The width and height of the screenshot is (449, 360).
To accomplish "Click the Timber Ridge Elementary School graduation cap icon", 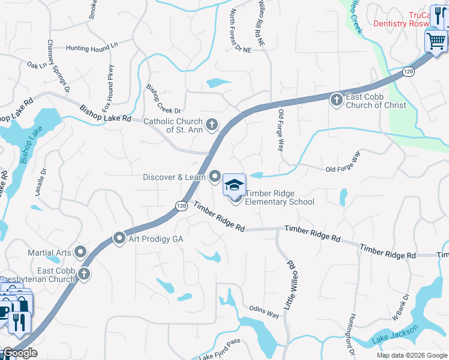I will pyautogui.click(x=235, y=185).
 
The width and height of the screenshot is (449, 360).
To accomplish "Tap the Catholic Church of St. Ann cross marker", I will pyautogui.click(x=211, y=125).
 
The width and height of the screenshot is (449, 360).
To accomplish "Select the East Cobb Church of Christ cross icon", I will pyautogui.click(x=337, y=98).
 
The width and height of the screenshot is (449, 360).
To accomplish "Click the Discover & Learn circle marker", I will pyautogui.click(x=215, y=176).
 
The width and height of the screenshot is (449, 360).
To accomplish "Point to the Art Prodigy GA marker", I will pyautogui.click(x=119, y=239).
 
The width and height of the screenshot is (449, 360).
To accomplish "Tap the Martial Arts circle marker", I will pyautogui.click(x=80, y=251).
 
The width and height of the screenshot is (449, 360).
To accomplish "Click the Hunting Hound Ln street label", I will pyautogui.click(x=92, y=47).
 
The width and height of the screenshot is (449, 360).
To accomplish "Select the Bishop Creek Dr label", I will pyautogui.click(x=163, y=99).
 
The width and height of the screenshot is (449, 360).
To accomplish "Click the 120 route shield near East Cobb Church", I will pyautogui.click(x=408, y=71).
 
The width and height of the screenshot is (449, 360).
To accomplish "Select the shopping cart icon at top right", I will pyautogui.click(x=436, y=41).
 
